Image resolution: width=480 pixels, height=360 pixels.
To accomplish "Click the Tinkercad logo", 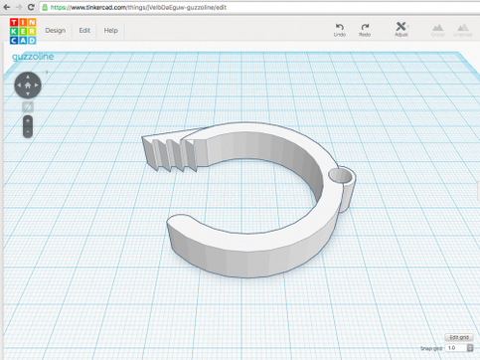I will tap(22, 30).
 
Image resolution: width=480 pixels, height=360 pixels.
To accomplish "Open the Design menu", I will tap(55, 30).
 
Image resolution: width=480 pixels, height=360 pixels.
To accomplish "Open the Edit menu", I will tap(84, 30).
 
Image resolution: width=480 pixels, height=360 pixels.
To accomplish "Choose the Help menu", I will tap(110, 30).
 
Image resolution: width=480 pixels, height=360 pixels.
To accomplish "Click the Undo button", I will tap(339, 29).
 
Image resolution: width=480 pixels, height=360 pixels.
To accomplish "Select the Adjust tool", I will tap(401, 29).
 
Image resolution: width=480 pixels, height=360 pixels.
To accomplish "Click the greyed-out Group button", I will tap(438, 30).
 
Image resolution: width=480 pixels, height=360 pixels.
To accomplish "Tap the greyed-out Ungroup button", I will tap(462, 30).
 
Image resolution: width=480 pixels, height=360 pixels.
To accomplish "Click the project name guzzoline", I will tap(33, 57).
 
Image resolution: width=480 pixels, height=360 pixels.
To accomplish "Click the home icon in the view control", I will tap(28, 85).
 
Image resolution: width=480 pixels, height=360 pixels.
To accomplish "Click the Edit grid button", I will tap(458, 338).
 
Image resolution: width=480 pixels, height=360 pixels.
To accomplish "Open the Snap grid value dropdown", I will tap(457, 348).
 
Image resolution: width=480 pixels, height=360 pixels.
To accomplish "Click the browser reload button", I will tap(31, 6).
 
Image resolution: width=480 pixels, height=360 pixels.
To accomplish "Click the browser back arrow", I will tap(7, 6).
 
